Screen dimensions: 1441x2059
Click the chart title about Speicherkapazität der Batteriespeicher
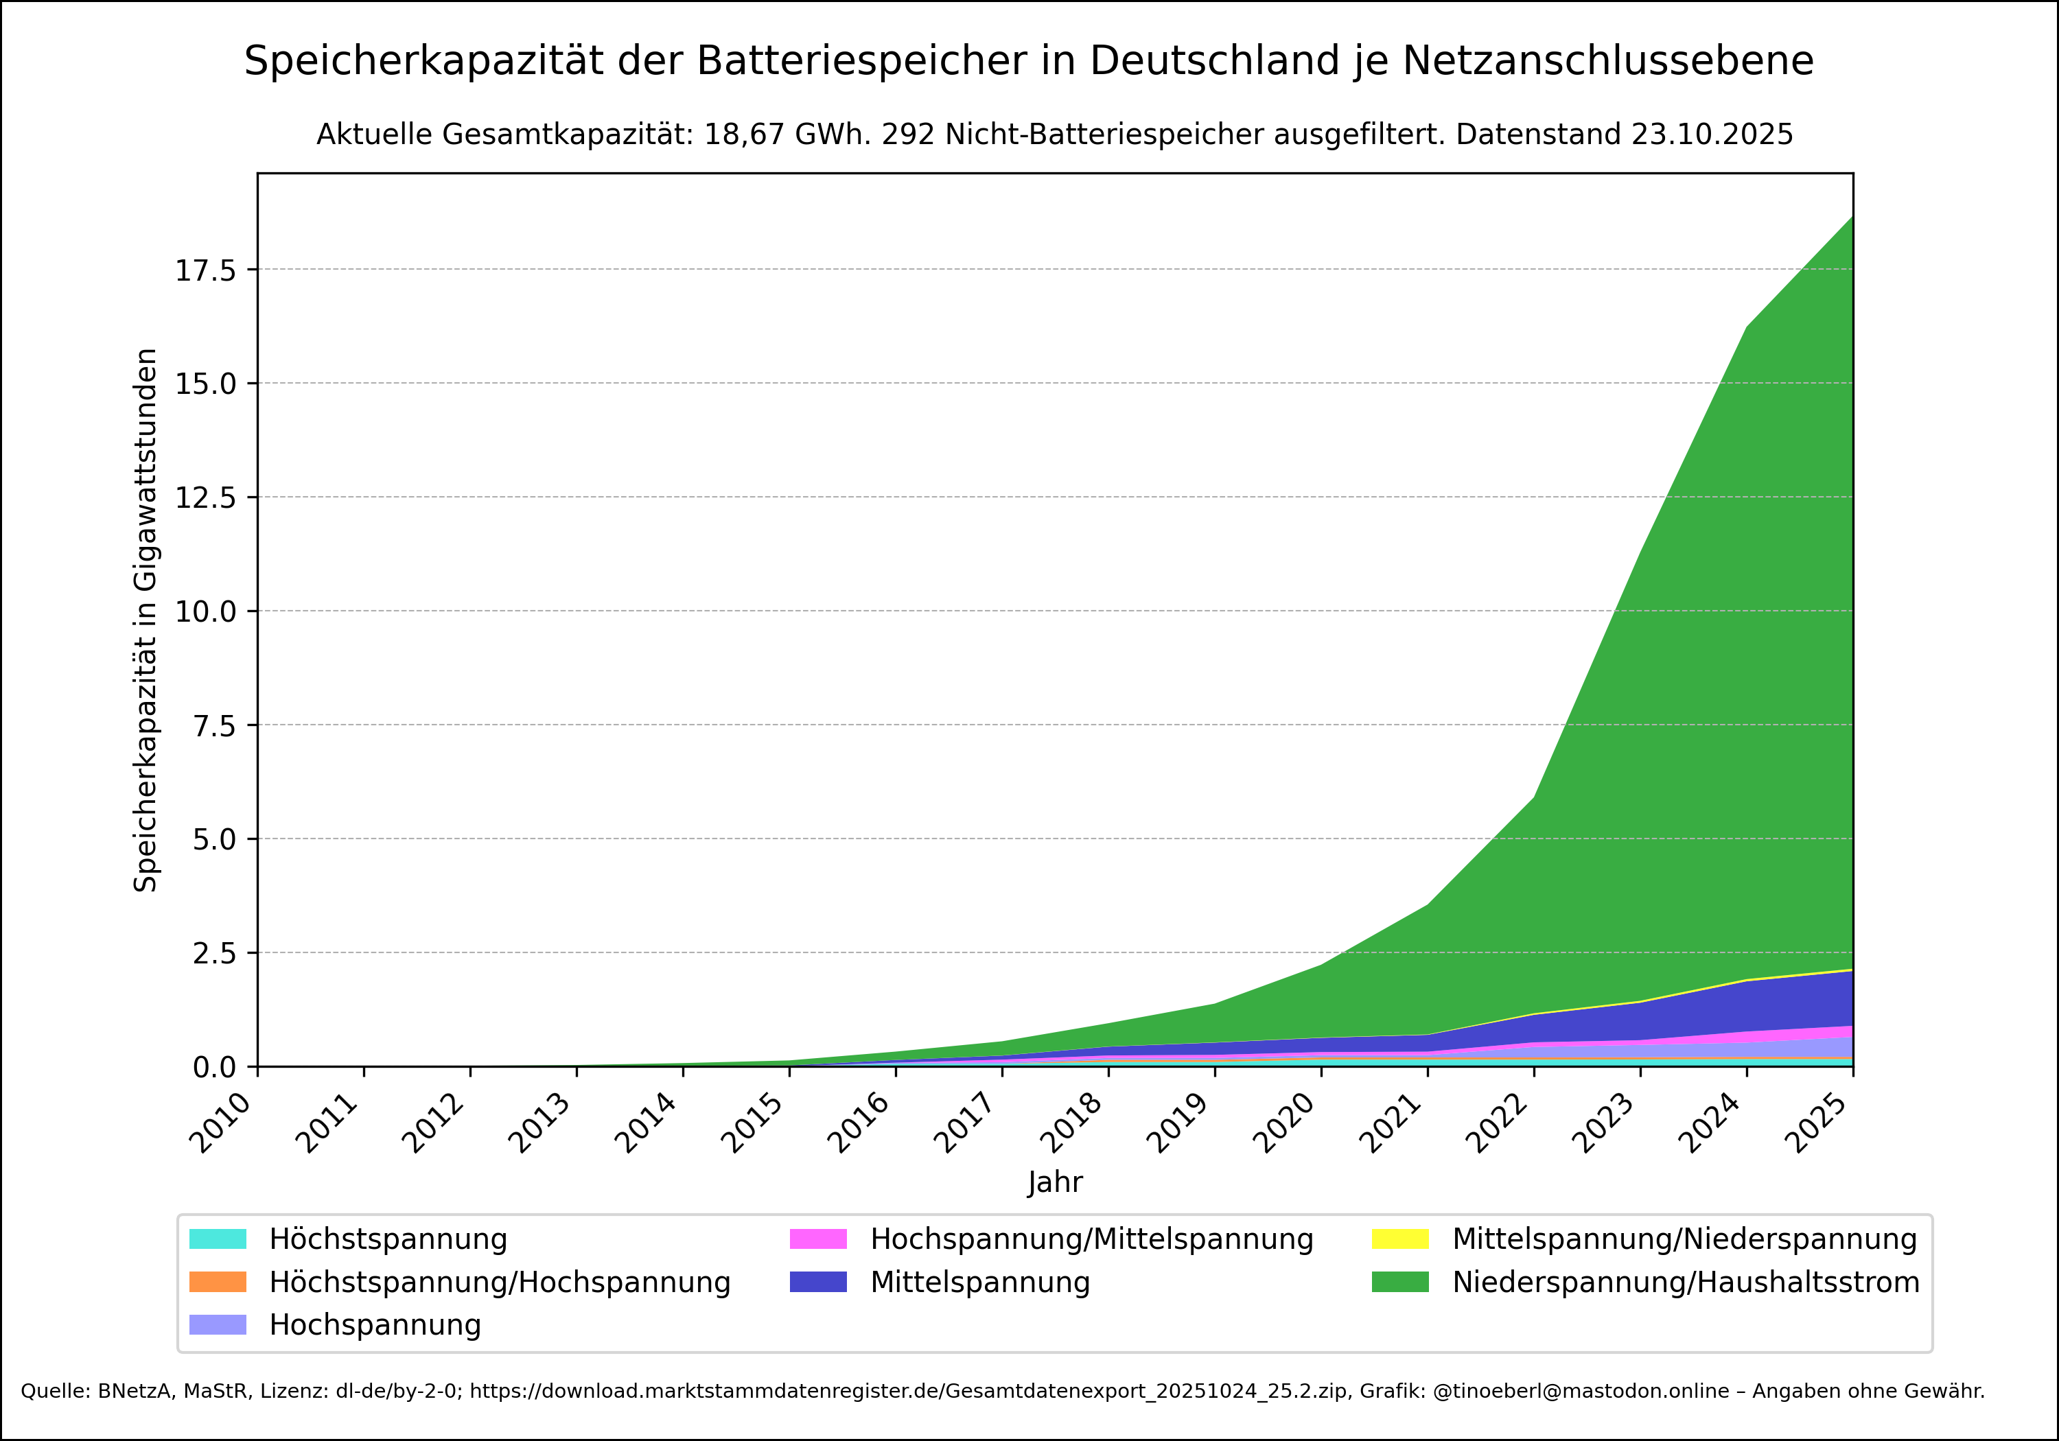coord(1029,62)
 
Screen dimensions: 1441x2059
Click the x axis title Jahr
coord(1055,1182)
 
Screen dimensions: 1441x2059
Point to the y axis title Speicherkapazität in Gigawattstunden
coord(146,620)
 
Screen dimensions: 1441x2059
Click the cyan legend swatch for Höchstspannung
coord(218,1239)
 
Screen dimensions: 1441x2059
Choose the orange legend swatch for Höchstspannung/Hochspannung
coord(218,1282)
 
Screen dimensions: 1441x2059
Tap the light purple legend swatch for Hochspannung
coord(218,1324)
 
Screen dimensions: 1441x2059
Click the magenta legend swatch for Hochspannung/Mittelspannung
coord(818,1239)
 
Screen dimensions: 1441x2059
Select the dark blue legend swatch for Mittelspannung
coord(818,1282)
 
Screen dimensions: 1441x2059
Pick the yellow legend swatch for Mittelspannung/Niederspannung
coord(1400,1239)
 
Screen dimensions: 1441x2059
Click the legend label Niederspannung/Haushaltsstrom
coord(1686,1282)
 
